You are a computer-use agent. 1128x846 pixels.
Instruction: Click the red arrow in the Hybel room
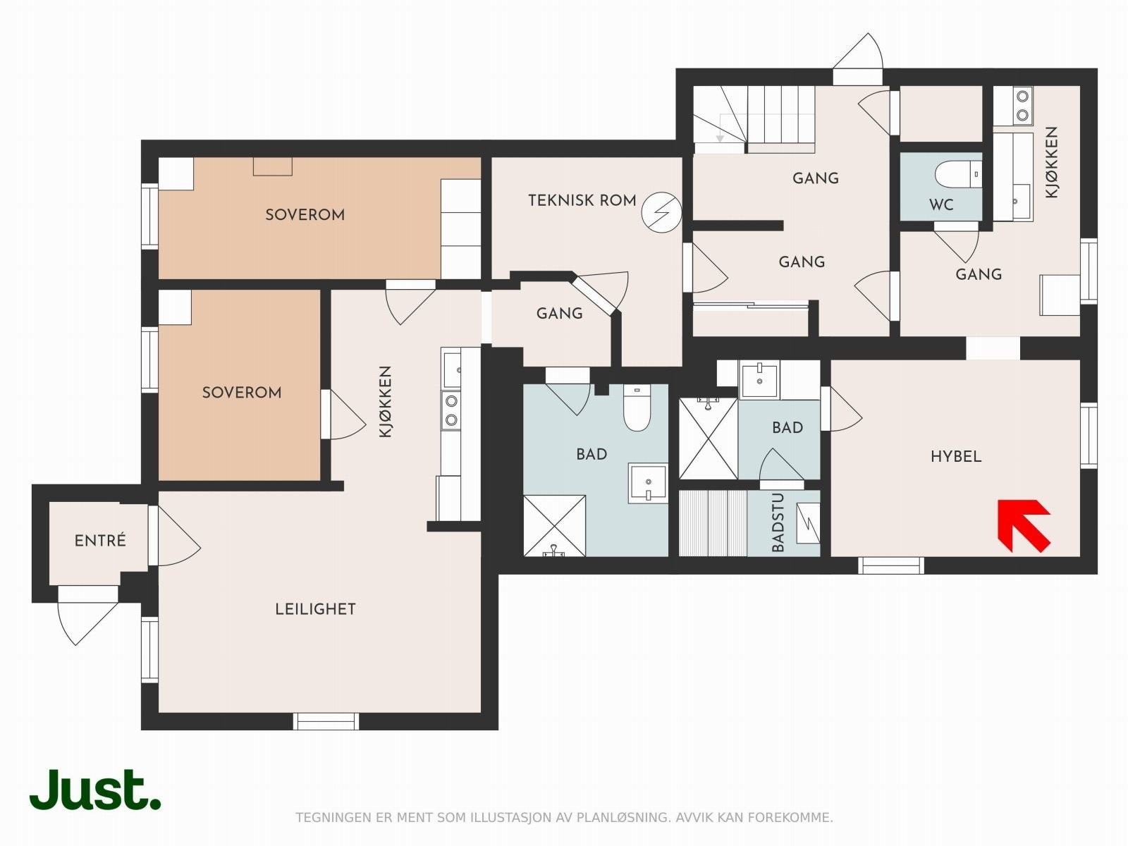coord(1023,525)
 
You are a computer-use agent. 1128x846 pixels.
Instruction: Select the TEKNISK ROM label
coord(582,200)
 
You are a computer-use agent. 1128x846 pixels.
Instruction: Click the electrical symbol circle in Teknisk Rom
coord(661,212)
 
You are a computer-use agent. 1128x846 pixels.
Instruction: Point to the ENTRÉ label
coord(100,540)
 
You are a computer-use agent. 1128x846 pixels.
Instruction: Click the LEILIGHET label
coord(316,609)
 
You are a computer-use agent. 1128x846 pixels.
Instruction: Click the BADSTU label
coord(778,522)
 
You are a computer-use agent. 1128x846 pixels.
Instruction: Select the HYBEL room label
coord(956,456)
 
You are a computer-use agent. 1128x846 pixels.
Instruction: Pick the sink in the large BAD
coord(648,483)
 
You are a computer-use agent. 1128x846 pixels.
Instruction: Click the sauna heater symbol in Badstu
coord(808,522)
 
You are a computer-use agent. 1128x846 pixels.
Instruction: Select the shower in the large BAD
coord(554,525)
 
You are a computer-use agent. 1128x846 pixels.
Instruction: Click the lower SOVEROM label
coord(242,393)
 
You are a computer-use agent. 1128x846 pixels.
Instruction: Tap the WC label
coord(941,205)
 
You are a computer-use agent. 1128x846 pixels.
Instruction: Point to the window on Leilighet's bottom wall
coord(326,721)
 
